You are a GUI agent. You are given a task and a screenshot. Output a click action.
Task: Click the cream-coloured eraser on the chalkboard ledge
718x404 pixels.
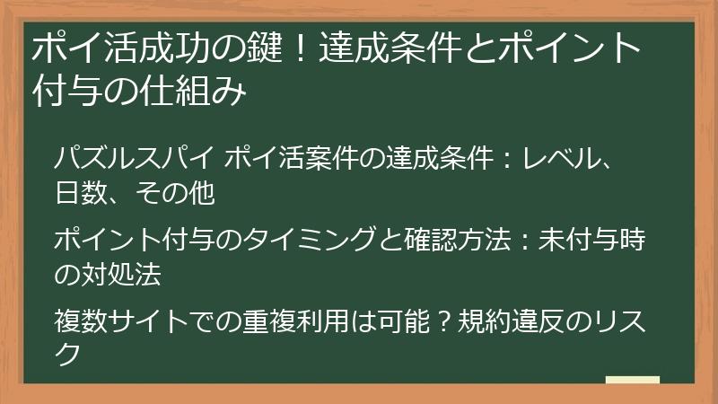(x=632, y=378)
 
